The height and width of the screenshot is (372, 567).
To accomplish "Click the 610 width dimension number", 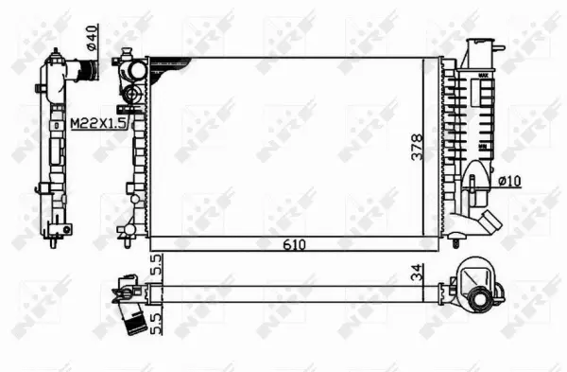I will point(298,244).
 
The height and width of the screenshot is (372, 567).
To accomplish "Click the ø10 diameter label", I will point(507,180).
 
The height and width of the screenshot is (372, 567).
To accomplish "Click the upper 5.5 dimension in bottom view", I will point(157,264).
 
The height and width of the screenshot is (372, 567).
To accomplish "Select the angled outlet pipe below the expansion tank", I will point(488,225).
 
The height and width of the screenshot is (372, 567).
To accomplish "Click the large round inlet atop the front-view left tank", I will point(138,70).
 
